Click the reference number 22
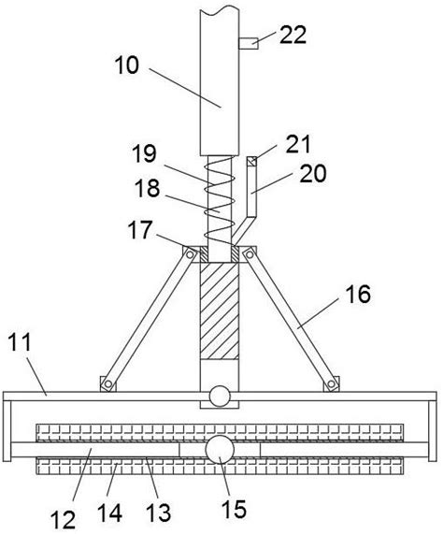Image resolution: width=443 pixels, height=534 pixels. [x=293, y=35]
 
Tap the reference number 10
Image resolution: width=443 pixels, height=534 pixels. [x=127, y=65]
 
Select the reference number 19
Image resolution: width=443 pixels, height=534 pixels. [x=144, y=153]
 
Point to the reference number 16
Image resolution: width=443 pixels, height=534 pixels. [x=358, y=295]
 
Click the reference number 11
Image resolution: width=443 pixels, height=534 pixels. [x=20, y=342]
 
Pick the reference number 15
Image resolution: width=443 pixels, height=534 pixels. [x=234, y=509]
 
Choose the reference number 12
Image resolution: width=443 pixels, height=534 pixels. [x=63, y=520]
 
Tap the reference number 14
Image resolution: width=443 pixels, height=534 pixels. [x=109, y=512]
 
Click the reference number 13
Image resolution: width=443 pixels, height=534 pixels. [x=159, y=512]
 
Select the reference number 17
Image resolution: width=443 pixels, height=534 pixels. [x=140, y=230]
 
